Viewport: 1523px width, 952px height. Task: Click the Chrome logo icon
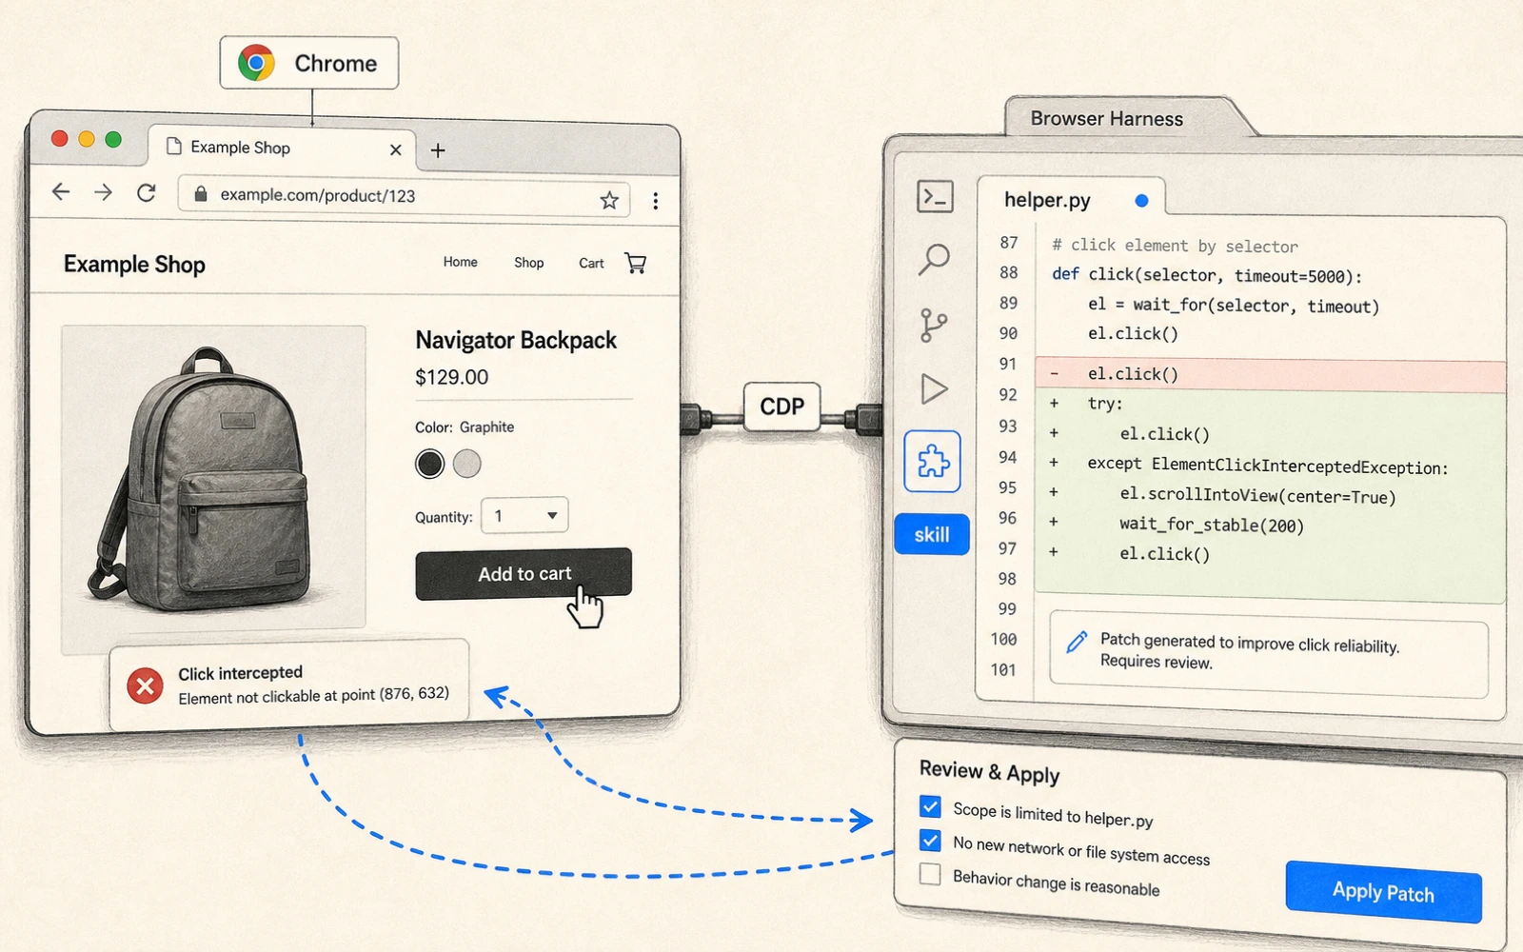(x=256, y=63)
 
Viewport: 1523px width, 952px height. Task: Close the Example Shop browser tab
(x=396, y=149)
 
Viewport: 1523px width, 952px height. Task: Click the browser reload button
(x=147, y=193)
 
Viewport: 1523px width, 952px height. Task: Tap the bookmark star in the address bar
(x=609, y=200)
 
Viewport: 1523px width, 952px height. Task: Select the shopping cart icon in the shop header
(x=636, y=263)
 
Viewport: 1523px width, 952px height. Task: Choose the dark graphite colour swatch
(x=429, y=464)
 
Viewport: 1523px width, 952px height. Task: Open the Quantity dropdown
(x=524, y=515)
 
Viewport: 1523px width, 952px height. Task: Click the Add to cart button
(x=524, y=574)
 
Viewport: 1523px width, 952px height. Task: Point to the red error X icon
(x=145, y=686)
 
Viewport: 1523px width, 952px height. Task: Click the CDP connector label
(x=781, y=407)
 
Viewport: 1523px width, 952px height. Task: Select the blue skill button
(x=932, y=534)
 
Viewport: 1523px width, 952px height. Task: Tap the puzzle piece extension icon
(x=933, y=462)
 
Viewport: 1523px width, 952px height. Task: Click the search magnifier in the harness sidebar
(x=934, y=259)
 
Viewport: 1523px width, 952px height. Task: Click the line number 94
(x=1008, y=458)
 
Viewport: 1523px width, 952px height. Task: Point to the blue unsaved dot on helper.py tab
(x=1141, y=201)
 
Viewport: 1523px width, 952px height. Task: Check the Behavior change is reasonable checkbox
(x=930, y=874)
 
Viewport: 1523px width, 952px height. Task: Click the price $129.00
(x=451, y=377)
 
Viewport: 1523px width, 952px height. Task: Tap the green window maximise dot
(x=113, y=139)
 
